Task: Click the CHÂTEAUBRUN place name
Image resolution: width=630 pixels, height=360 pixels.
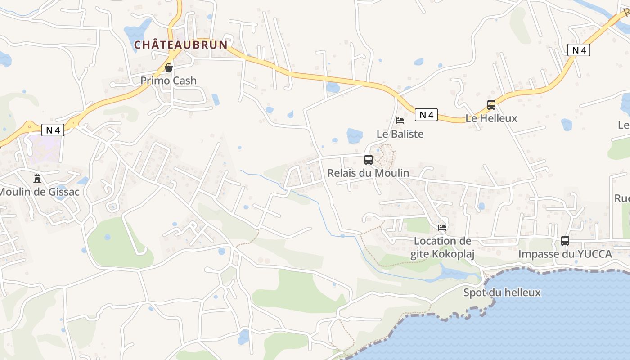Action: [x=181, y=45]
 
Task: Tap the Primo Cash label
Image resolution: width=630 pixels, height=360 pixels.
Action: [x=168, y=81]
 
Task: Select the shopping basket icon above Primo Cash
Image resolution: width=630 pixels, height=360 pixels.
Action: [x=169, y=67]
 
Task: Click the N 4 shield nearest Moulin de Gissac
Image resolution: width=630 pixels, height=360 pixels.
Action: [x=53, y=130]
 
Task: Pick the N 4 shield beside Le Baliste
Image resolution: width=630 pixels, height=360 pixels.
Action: [x=426, y=115]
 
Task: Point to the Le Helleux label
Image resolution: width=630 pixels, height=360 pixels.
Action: [x=491, y=118]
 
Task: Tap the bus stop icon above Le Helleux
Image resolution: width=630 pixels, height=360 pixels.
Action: [x=491, y=105]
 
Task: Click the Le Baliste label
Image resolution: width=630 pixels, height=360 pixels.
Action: [x=400, y=134]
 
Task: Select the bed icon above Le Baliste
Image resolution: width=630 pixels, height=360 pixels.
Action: [x=400, y=121]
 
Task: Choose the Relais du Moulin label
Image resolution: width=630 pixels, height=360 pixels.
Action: [x=368, y=173]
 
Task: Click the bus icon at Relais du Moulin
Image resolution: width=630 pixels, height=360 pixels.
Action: [x=368, y=159]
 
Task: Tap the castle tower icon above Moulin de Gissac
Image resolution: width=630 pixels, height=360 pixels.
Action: [x=37, y=179]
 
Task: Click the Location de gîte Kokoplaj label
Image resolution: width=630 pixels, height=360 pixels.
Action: [x=442, y=247]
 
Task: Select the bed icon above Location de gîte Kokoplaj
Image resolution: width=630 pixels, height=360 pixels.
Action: [x=442, y=227]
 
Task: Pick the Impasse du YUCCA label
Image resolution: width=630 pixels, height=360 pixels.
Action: [x=565, y=254]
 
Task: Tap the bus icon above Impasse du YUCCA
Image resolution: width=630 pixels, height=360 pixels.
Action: [x=565, y=241]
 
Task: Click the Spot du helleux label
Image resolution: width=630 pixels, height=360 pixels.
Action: [x=502, y=292]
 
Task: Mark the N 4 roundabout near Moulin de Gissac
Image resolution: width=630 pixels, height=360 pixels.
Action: [x=30, y=127]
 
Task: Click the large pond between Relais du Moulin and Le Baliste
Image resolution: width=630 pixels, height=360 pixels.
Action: [x=355, y=135]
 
